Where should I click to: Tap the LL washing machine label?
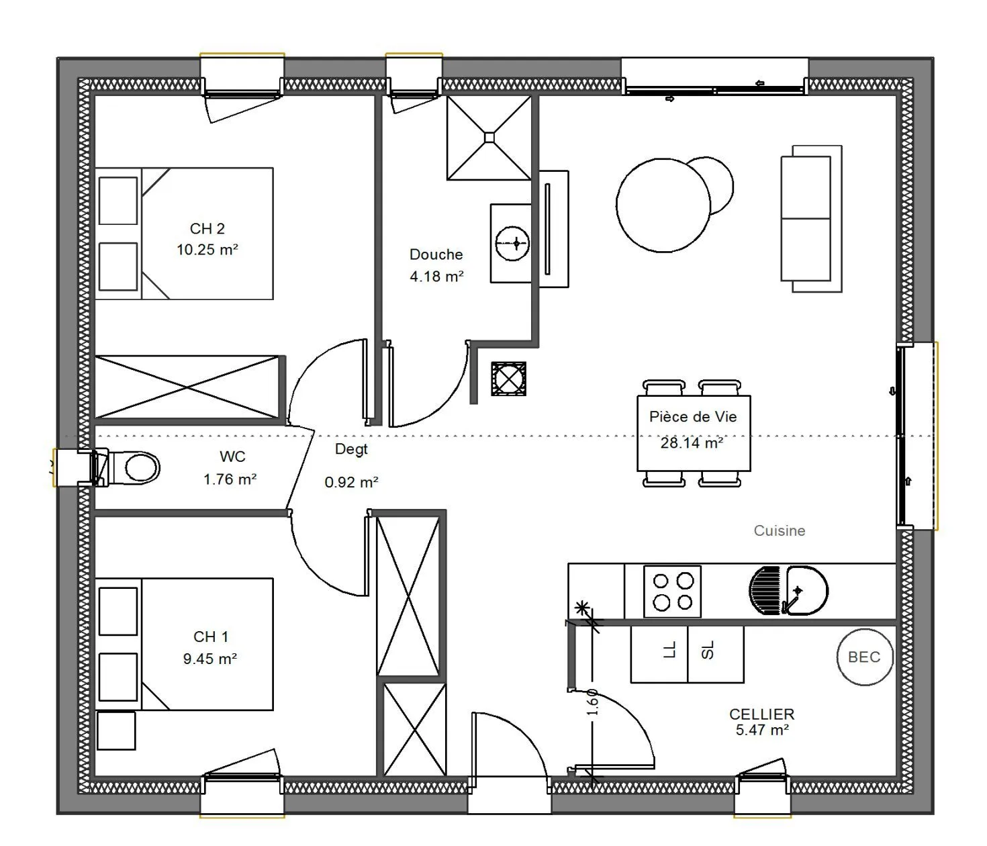click(670, 650)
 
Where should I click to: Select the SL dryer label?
click(707, 650)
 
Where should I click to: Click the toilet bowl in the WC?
click(142, 467)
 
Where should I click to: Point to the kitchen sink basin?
click(807, 591)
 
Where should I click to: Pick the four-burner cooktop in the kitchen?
click(672, 591)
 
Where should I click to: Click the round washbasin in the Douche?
click(512, 244)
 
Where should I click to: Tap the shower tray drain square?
click(489, 138)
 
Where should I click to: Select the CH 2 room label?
click(207, 229)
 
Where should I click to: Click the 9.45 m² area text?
click(210, 659)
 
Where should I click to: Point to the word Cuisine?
click(780, 530)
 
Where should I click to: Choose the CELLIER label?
click(761, 714)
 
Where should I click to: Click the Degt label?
click(351, 449)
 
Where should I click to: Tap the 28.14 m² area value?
click(692, 443)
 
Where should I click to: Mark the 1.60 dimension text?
click(592, 702)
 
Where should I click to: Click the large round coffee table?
click(663, 205)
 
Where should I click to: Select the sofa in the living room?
click(811, 219)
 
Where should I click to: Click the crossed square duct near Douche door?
click(508, 379)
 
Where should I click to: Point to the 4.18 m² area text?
click(436, 276)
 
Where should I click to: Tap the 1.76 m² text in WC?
click(230, 479)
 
